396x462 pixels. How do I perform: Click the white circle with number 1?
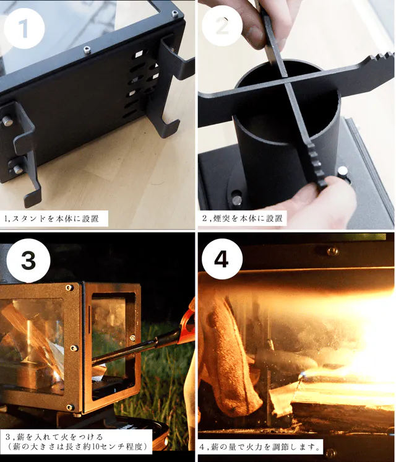(24, 28)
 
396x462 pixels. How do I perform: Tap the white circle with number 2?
(222, 26)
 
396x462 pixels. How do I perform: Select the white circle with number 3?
(28, 261)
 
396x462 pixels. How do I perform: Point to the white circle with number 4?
(222, 259)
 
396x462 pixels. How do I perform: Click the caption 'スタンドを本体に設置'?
(55, 219)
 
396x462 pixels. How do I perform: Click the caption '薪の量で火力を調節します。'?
(264, 447)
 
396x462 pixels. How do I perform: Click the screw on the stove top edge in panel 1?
(87, 50)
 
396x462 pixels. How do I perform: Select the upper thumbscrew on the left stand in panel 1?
(7, 121)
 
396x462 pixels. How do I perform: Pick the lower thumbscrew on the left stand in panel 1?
(18, 169)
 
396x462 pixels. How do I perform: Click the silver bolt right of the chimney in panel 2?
(343, 171)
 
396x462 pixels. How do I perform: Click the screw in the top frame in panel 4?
(332, 251)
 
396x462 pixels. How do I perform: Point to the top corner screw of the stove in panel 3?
(69, 287)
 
